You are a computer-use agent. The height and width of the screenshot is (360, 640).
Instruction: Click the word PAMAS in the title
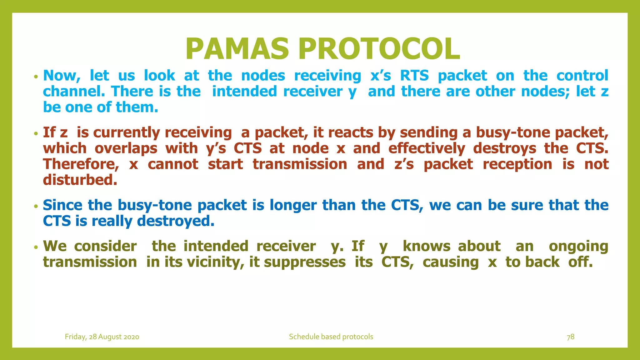click(237, 49)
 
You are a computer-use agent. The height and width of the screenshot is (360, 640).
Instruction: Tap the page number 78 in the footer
click(570, 337)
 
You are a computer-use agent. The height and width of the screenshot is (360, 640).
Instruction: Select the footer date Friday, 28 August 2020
click(102, 337)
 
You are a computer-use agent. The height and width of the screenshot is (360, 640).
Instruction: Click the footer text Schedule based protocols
click(331, 337)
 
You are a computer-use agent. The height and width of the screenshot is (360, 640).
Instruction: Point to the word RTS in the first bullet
click(414, 76)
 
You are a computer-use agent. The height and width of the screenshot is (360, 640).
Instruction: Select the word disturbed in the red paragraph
click(80, 180)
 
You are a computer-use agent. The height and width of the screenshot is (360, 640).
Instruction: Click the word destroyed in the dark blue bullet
click(176, 221)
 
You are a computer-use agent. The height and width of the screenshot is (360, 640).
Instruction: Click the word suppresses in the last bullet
click(305, 262)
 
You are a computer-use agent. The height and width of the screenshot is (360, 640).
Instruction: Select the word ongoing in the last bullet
click(578, 246)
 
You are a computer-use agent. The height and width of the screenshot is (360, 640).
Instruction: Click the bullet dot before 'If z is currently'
click(36, 134)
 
